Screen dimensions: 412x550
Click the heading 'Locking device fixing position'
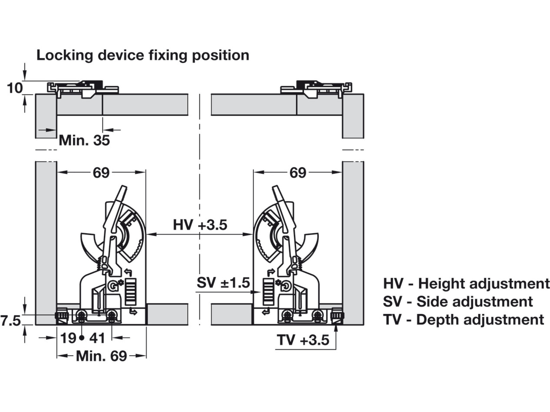click(x=143, y=55)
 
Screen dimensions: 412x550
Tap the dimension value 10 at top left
click(x=15, y=88)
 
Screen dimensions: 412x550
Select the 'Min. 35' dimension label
click(x=84, y=141)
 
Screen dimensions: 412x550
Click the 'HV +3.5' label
click(x=200, y=225)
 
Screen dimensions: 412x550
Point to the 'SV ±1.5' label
click(x=223, y=283)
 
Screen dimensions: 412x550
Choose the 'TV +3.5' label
click(x=303, y=340)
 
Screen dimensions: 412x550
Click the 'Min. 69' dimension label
click(x=101, y=356)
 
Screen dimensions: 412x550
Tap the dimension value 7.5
click(x=10, y=321)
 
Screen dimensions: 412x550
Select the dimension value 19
click(x=68, y=338)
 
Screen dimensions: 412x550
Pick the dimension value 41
click(x=97, y=338)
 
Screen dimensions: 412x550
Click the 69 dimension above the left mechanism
click(x=101, y=173)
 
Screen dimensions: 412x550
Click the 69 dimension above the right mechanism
click(x=298, y=173)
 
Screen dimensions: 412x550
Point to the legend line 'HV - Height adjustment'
click(x=466, y=284)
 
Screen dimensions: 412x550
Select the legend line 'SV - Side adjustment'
click(x=458, y=302)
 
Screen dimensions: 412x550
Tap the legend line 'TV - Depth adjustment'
click(x=463, y=320)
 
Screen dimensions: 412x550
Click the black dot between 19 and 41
click(x=82, y=338)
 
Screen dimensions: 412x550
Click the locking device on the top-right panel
click(x=316, y=88)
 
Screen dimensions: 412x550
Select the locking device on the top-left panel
click(x=83, y=88)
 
